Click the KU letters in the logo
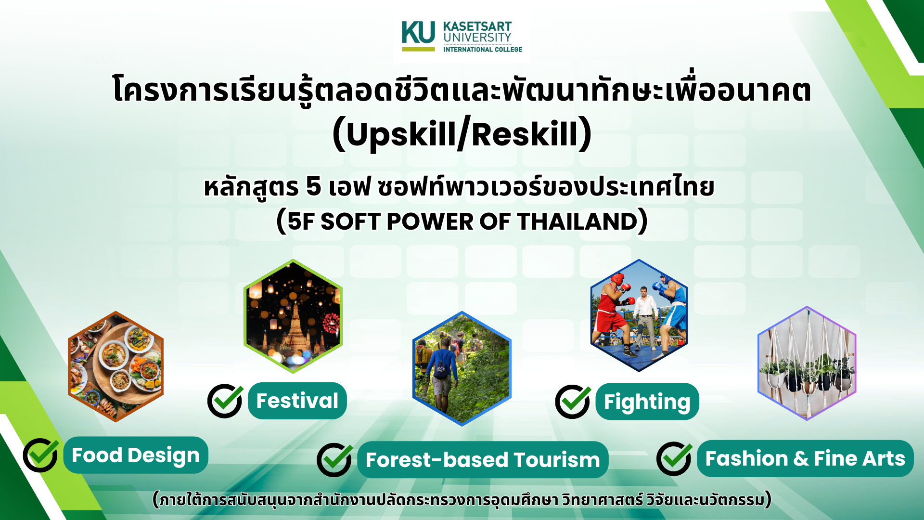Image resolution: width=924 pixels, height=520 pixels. (x=418, y=32)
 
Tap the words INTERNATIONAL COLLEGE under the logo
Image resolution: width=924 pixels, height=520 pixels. (x=483, y=49)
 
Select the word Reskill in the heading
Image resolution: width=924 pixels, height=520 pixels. (x=525, y=134)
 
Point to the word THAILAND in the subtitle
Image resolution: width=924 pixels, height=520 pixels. (x=577, y=221)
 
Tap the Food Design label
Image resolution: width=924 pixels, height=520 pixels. (x=136, y=455)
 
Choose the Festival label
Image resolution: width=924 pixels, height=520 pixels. (x=297, y=401)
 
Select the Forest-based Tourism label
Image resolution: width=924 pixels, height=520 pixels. (x=483, y=460)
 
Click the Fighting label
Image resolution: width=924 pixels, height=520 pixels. (x=647, y=402)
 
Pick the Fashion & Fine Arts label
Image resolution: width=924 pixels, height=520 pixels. (x=805, y=458)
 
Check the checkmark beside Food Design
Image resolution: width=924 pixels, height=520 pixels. (x=41, y=455)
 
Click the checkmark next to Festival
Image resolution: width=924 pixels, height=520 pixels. (x=225, y=401)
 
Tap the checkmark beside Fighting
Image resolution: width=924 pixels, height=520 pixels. (x=573, y=402)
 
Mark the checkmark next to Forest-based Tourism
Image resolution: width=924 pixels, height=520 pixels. (x=334, y=459)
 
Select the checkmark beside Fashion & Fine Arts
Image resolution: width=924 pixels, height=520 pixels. (x=674, y=458)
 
